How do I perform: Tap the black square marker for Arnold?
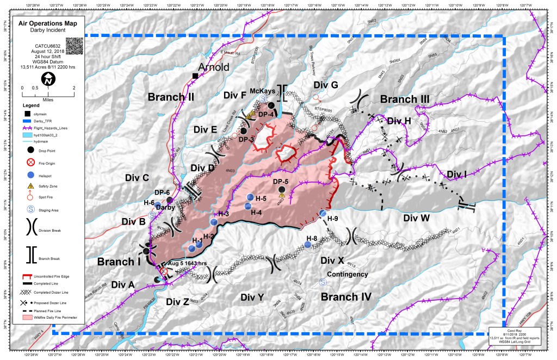tap(195, 75)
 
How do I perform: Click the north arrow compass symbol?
tap(48, 79)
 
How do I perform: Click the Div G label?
tap(325, 85)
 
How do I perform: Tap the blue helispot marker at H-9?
tap(323, 214)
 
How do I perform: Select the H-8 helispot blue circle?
tap(308, 245)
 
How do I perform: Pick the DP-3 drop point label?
tap(246, 139)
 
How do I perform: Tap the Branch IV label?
tap(345, 296)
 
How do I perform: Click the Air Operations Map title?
tap(48, 24)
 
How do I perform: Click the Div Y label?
tap(252, 297)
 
